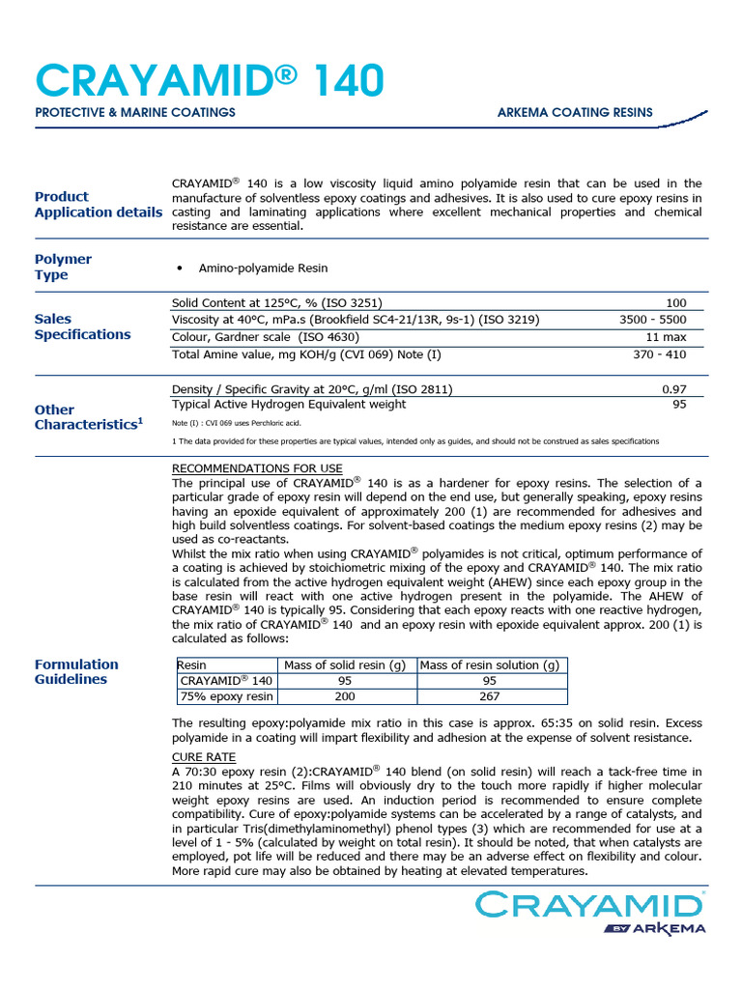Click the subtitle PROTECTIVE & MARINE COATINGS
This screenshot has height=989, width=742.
coord(135,113)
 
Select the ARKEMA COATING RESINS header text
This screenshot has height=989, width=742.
coord(575,113)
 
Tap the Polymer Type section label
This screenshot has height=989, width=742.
coord(63,267)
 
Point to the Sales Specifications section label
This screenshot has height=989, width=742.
coord(82,326)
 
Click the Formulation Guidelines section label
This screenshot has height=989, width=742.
coord(76,671)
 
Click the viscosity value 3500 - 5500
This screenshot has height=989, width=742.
coord(653,320)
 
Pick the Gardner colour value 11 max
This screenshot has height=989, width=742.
coord(666,337)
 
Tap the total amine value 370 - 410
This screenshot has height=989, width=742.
coord(660,354)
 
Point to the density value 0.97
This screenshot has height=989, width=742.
coord(673,389)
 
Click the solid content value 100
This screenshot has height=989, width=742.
coord(676,302)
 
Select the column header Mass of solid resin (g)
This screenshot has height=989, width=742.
coord(344,664)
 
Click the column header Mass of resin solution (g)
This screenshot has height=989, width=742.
coord(490,664)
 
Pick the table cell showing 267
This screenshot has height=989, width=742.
coord(490,696)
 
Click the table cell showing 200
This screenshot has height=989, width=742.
coord(344,696)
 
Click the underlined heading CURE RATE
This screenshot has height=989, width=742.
coord(203,756)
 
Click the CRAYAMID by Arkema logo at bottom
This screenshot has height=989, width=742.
coord(589,914)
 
